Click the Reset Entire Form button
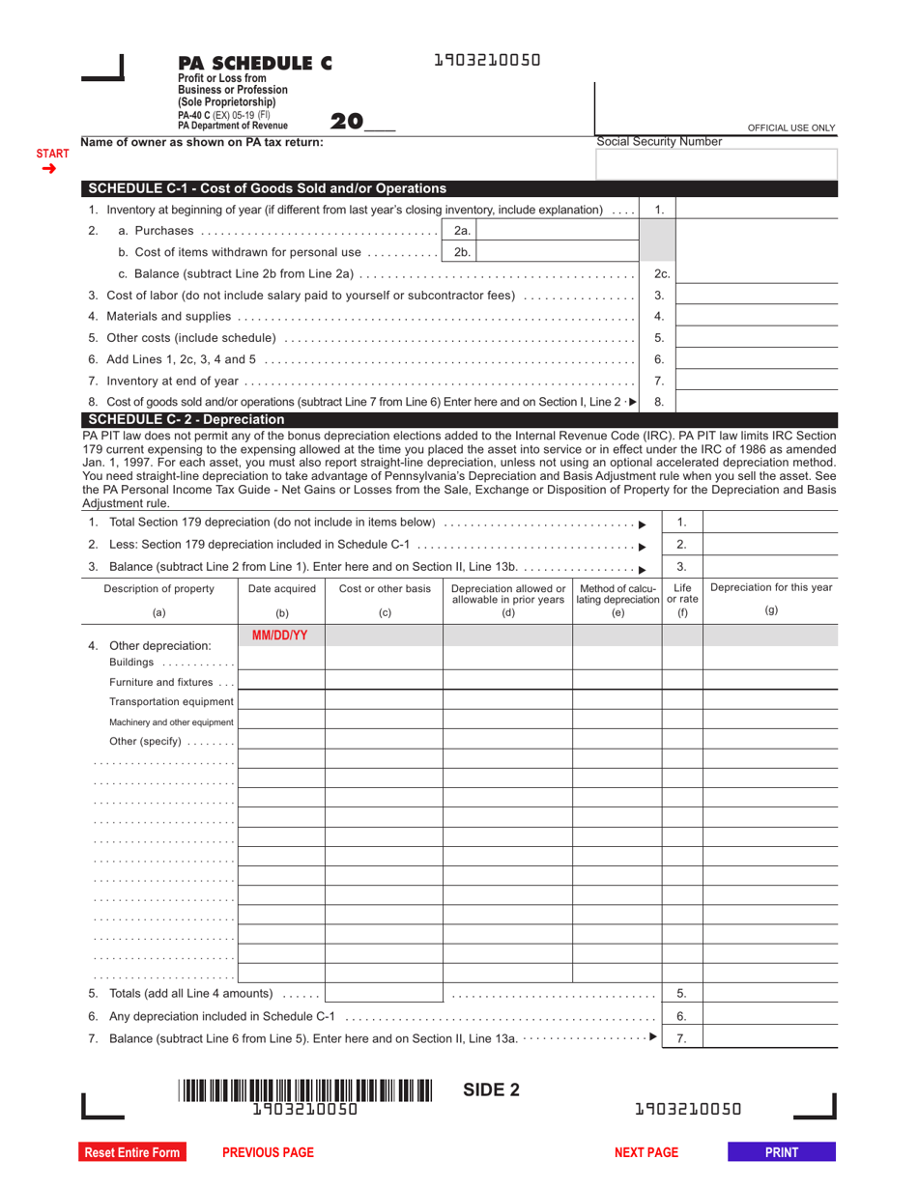(x=132, y=1152)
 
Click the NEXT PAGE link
(x=646, y=1152)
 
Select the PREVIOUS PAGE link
(x=268, y=1152)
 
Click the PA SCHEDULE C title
(x=254, y=64)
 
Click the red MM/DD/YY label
(x=280, y=636)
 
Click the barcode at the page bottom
(x=304, y=1090)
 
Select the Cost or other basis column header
(x=385, y=589)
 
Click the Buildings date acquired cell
(x=280, y=661)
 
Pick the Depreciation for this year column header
(x=770, y=588)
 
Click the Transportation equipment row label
(x=171, y=701)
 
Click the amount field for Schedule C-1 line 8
(x=756, y=402)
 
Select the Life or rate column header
(x=681, y=593)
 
